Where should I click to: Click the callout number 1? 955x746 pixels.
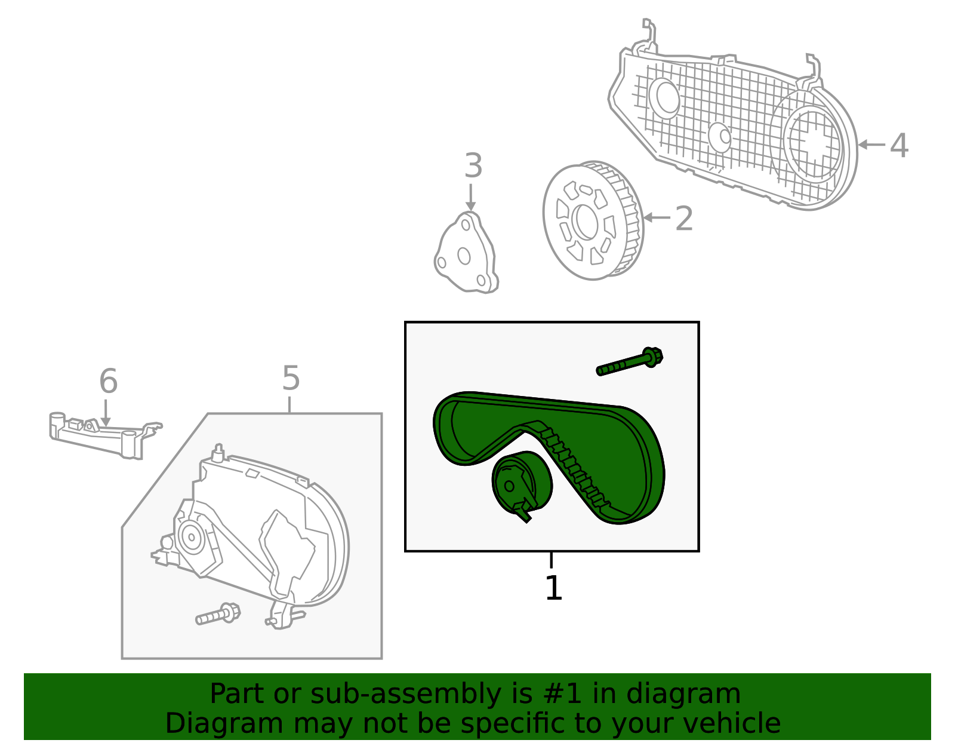553,588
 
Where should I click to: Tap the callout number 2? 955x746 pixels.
684,219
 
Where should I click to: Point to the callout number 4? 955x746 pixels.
899,145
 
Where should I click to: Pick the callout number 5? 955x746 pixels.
291,378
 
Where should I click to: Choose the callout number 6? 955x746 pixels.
108,381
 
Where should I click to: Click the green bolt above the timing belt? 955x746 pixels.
630,361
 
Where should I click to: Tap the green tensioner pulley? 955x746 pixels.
522,483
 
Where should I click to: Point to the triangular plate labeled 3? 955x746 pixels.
466,254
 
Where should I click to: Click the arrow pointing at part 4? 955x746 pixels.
871,145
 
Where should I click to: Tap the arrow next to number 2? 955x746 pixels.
656,217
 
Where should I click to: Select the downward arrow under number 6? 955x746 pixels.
106,413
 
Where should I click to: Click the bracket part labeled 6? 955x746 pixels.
101,436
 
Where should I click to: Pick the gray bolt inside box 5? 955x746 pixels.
218,615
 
